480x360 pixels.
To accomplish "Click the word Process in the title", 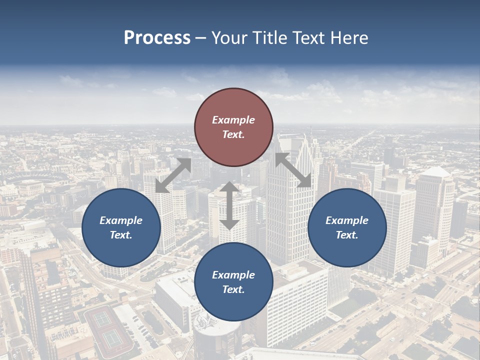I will (x=157, y=38).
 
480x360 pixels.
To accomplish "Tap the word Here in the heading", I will (x=349, y=38).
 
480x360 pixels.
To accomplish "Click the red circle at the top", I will (x=233, y=127).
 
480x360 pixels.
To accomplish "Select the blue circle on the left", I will (x=121, y=227).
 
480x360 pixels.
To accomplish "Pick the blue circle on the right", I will (x=347, y=227).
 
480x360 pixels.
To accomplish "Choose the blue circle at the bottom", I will (x=233, y=282).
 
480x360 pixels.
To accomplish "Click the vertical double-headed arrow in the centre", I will (x=229, y=205).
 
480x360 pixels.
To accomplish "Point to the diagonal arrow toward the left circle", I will (x=173, y=175).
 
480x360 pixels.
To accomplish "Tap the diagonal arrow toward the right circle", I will (x=293, y=170).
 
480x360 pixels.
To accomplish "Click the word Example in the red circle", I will (x=233, y=120).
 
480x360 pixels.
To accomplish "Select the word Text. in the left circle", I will (x=121, y=235).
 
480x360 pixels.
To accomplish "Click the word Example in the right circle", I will (x=347, y=220).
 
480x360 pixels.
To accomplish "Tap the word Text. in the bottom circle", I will (x=233, y=289).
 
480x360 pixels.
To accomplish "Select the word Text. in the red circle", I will (x=233, y=134).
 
